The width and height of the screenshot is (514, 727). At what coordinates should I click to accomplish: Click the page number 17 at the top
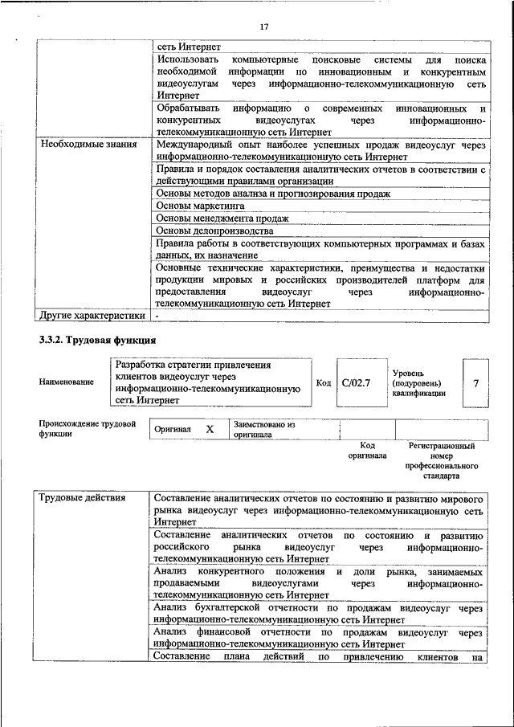[x=263, y=27]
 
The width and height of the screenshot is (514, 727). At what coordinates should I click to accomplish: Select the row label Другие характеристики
[x=92, y=317]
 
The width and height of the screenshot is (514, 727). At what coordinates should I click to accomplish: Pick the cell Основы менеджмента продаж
[x=222, y=219]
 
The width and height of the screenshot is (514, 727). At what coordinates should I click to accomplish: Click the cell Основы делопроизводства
[x=214, y=231]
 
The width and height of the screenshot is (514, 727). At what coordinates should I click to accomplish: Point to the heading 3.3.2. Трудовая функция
[x=97, y=340]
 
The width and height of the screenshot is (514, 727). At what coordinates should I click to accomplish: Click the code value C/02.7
[x=356, y=382]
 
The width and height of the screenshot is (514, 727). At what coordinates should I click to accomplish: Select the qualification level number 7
[x=475, y=383]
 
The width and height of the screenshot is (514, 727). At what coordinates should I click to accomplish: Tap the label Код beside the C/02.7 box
[x=324, y=383]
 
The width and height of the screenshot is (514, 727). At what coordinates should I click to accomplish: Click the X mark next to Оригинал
[x=210, y=430]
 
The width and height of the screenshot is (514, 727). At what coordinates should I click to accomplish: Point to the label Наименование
[x=66, y=382]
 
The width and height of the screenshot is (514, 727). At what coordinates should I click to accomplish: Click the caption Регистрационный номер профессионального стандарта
[x=443, y=460]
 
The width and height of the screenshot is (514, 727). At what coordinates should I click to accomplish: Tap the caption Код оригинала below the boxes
[x=367, y=450]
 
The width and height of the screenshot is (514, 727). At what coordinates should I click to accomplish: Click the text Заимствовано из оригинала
[x=265, y=429]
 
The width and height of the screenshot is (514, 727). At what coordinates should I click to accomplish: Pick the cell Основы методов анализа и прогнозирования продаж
[x=273, y=194]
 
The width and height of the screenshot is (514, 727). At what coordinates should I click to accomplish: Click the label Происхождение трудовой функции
[x=87, y=428]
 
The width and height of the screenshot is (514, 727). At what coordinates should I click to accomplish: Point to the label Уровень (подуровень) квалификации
[x=419, y=383]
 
